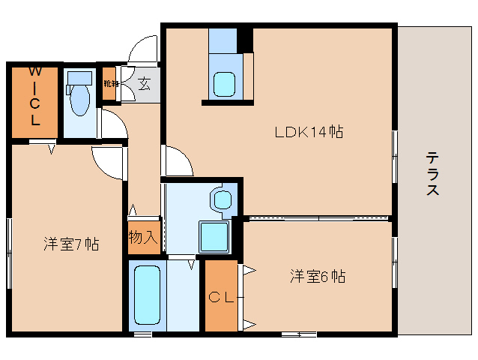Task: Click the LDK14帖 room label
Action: [308, 133]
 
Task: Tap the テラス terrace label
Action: [433, 174]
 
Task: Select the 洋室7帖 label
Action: [70, 244]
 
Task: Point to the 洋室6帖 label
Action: [317, 276]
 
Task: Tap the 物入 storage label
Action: [143, 238]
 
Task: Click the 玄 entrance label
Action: [144, 83]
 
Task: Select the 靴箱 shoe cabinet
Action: [110, 84]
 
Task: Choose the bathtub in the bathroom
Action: [148, 294]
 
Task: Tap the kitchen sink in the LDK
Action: [224, 82]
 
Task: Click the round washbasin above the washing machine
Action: [222, 199]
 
